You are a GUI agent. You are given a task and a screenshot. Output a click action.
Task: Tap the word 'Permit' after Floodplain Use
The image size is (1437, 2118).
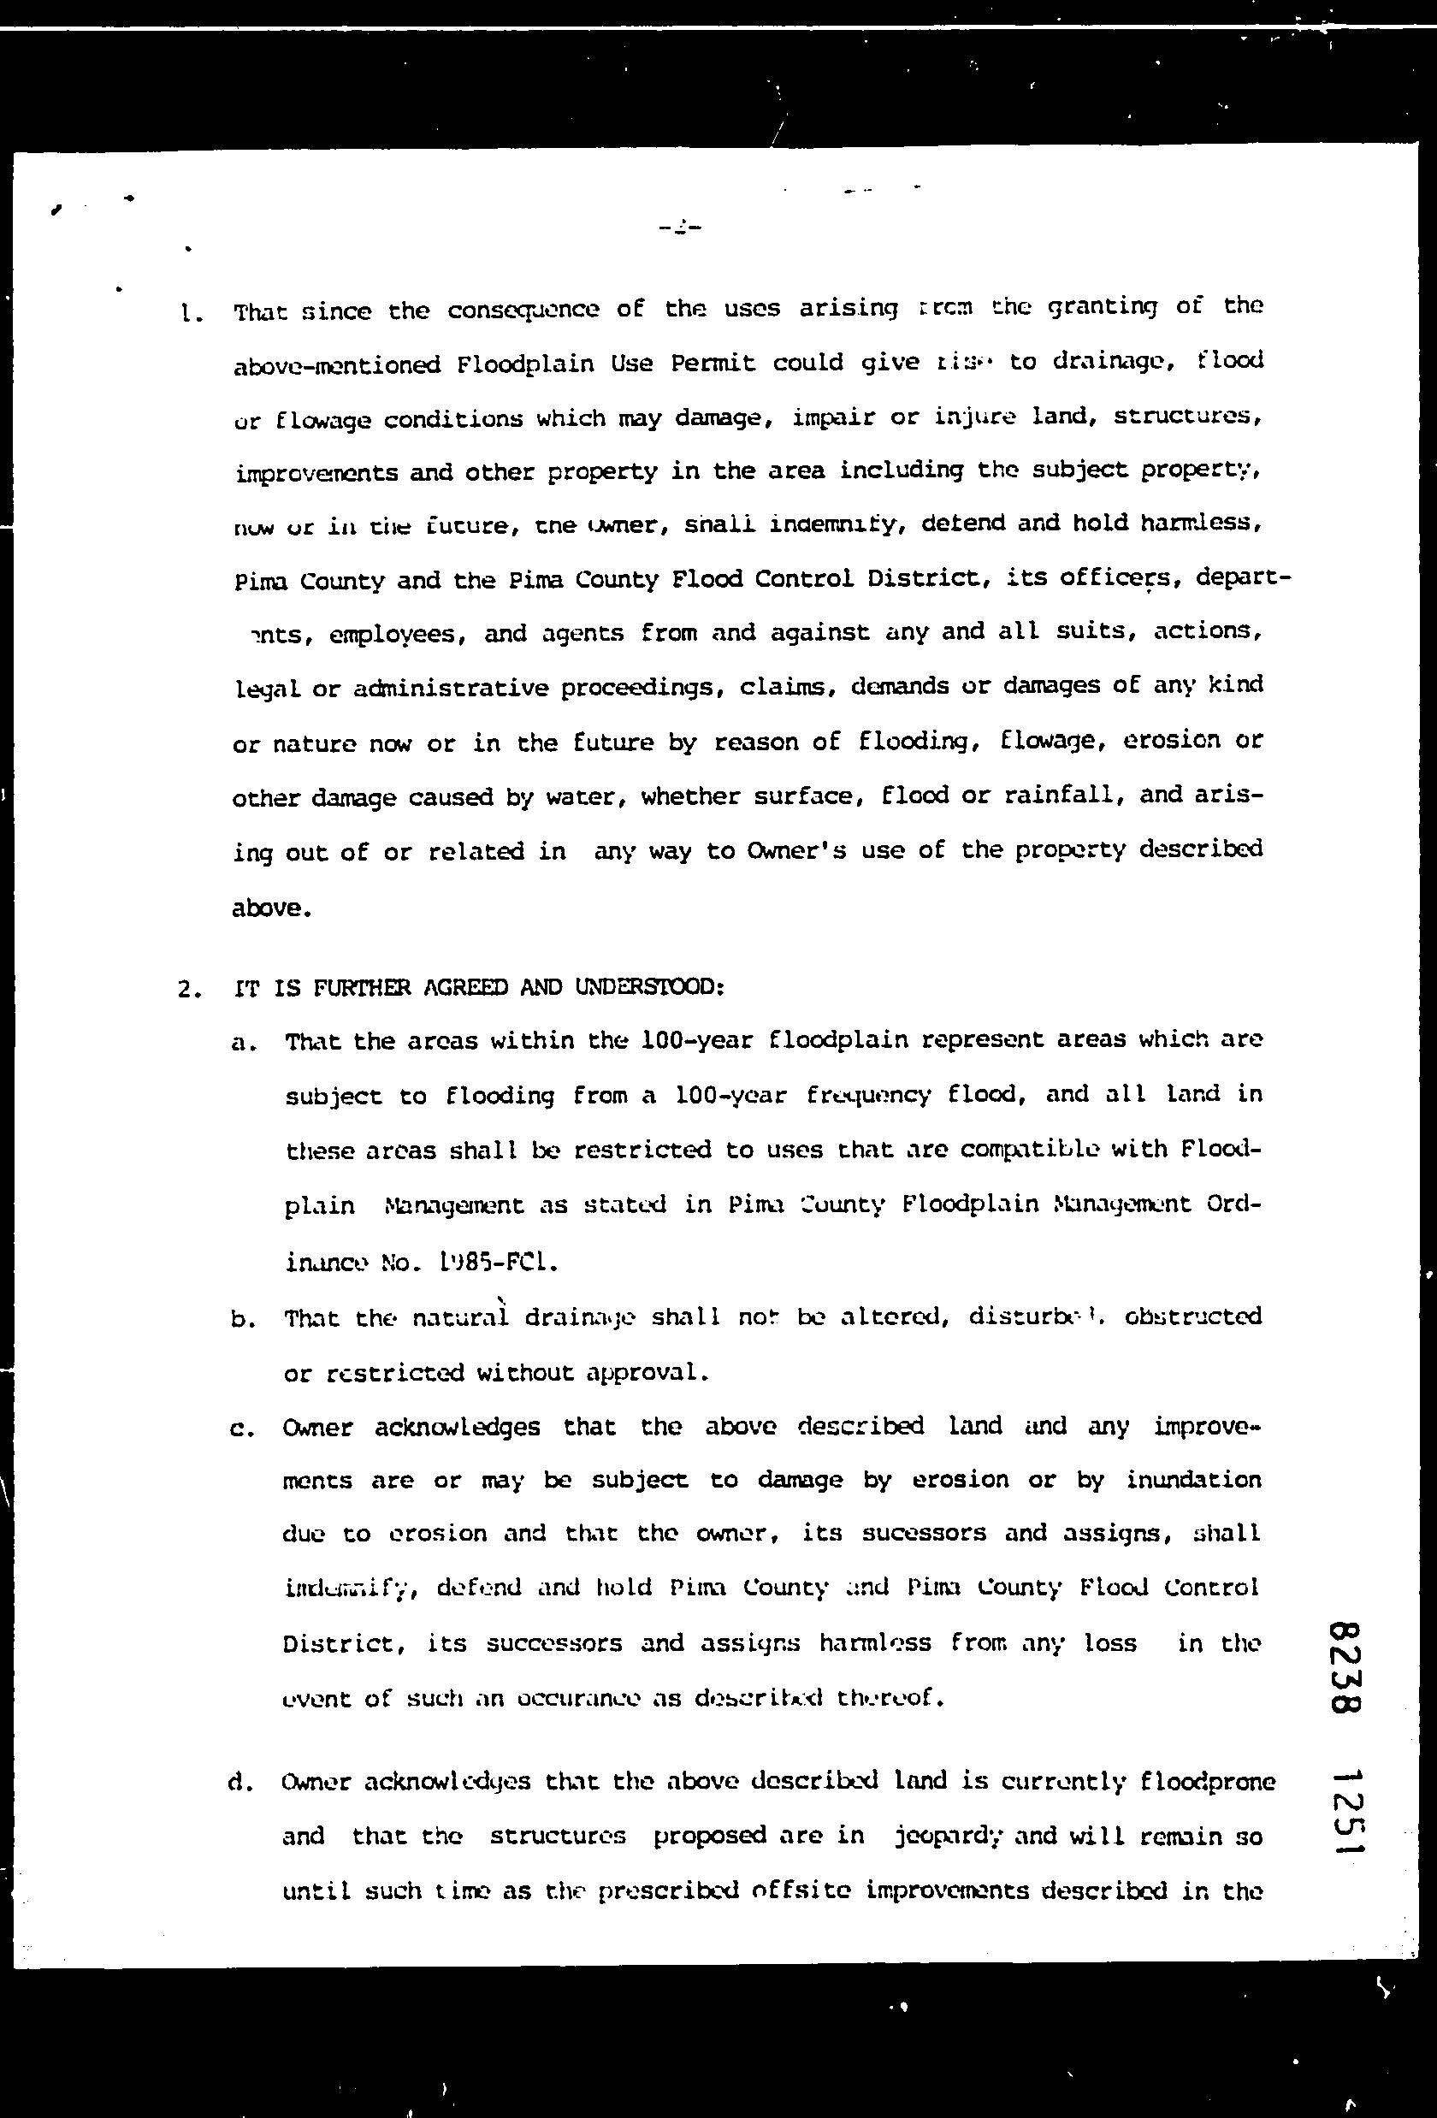pos(713,364)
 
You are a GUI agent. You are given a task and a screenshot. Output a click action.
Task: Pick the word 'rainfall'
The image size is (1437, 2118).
pos(1059,796)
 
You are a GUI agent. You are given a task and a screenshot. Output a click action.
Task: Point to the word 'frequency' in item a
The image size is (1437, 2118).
pos(868,1096)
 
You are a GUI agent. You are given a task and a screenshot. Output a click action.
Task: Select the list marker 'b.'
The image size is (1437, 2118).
pos(243,1320)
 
